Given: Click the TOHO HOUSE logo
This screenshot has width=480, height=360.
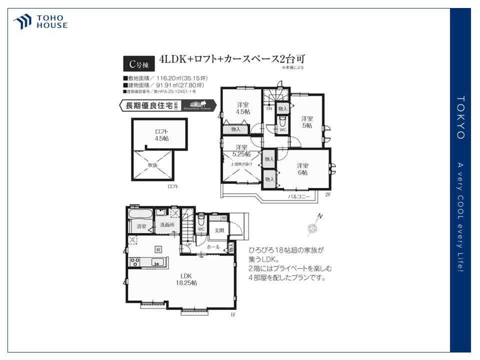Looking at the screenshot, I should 40,22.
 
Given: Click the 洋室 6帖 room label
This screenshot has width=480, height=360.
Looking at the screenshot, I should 302,169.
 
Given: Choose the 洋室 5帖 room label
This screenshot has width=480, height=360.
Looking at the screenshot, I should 306,122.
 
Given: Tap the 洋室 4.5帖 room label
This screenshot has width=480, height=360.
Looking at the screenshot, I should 243,108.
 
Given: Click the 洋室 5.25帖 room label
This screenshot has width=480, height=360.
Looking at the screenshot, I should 241,150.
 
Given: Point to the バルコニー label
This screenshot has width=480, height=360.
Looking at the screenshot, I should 298,197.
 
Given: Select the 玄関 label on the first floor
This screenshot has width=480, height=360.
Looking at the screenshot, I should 219,230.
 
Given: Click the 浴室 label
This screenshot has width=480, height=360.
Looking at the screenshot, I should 141,226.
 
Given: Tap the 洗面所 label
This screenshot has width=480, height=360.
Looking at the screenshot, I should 166,225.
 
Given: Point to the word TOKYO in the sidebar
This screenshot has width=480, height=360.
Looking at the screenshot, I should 460,117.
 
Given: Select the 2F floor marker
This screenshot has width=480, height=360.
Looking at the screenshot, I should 328,194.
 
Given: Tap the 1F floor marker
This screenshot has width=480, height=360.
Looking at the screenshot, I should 232,315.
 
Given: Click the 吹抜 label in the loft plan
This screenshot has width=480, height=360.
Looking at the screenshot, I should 152,165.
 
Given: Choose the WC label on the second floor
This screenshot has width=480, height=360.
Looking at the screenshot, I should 282,130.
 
